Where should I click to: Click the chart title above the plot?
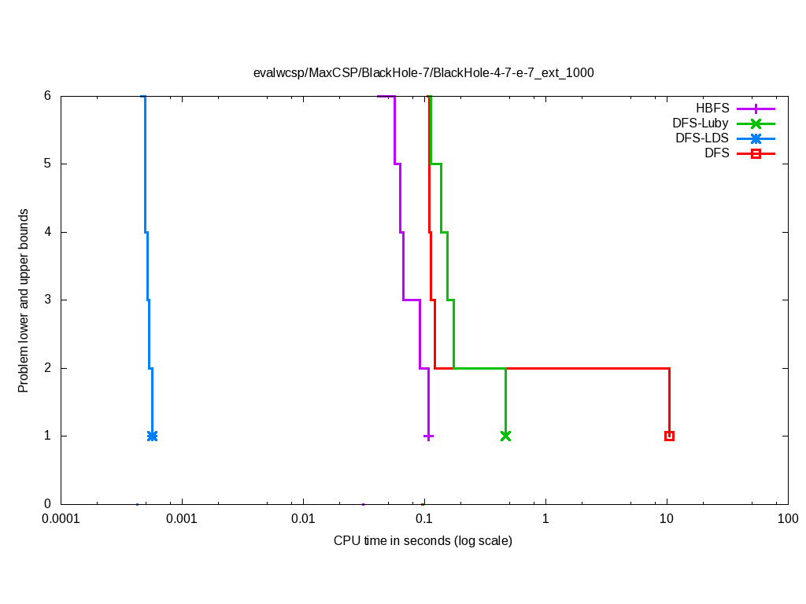click(423, 73)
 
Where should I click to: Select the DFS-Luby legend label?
click(700, 123)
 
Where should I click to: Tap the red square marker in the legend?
click(756, 153)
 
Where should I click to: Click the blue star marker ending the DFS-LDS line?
click(152, 436)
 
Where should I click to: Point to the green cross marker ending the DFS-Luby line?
click(505, 436)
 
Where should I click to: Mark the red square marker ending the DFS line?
click(669, 436)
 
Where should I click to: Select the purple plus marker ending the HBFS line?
click(428, 436)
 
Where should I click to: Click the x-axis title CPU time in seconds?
click(423, 541)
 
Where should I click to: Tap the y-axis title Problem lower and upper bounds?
click(24, 300)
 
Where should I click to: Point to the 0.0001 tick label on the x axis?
click(61, 519)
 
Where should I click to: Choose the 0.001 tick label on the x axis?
click(182, 519)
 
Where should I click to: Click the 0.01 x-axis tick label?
click(303, 519)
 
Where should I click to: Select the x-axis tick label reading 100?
click(787, 519)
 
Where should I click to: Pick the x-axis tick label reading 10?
click(667, 519)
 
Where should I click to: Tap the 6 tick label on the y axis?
click(47, 96)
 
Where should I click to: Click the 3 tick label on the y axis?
click(47, 300)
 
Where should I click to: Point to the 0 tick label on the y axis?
click(47, 504)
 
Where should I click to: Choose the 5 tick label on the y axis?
click(47, 164)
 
